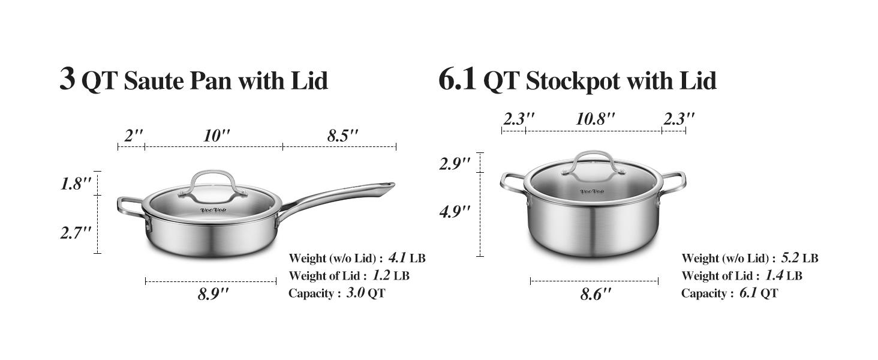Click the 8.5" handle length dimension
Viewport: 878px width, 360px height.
pyautogui.click(x=342, y=136)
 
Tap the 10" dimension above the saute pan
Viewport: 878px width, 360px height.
pyautogui.click(x=217, y=136)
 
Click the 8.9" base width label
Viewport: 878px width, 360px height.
pyautogui.click(x=214, y=294)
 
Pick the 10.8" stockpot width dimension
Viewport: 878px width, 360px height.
pyautogui.click(x=596, y=119)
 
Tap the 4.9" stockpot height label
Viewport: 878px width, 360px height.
pyautogui.click(x=455, y=211)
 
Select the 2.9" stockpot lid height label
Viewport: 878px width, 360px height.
pyautogui.click(x=455, y=163)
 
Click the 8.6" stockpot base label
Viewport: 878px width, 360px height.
pyautogui.click(x=596, y=294)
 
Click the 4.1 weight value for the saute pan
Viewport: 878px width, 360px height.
pyautogui.click(x=397, y=258)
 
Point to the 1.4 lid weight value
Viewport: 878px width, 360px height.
pyautogui.click(x=774, y=275)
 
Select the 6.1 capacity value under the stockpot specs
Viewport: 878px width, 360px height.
pyautogui.click(x=749, y=293)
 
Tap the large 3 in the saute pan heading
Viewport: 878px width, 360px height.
pyautogui.click(x=67, y=78)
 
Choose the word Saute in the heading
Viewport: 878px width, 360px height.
pyautogui.click(x=155, y=81)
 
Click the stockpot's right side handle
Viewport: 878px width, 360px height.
pyautogui.click(x=675, y=182)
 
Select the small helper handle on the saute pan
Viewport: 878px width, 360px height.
pyautogui.click(x=130, y=207)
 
